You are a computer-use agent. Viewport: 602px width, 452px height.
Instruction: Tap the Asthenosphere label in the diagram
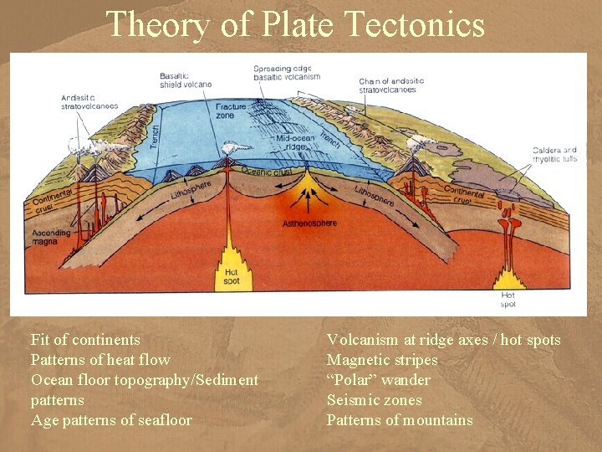tap(309, 223)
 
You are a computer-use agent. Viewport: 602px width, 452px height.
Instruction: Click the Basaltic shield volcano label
tap(186, 80)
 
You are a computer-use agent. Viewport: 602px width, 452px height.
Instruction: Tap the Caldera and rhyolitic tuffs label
tap(554, 154)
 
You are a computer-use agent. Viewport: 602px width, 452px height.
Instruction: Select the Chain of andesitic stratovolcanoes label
tap(392, 85)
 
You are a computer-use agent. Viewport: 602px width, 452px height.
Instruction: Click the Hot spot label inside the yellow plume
tap(232, 275)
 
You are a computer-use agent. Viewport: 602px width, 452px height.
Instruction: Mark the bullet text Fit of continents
tap(85, 340)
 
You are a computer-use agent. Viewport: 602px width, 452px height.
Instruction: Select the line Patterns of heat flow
tap(100, 360)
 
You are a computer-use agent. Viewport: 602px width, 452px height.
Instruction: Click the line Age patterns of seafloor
tap(111, 420)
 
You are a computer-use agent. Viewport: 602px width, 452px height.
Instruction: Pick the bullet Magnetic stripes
tap(382, 360)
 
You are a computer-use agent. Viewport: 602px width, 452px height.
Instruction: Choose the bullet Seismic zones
tap(374, 400)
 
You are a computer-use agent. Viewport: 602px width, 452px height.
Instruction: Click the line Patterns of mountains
tap(400, 420)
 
